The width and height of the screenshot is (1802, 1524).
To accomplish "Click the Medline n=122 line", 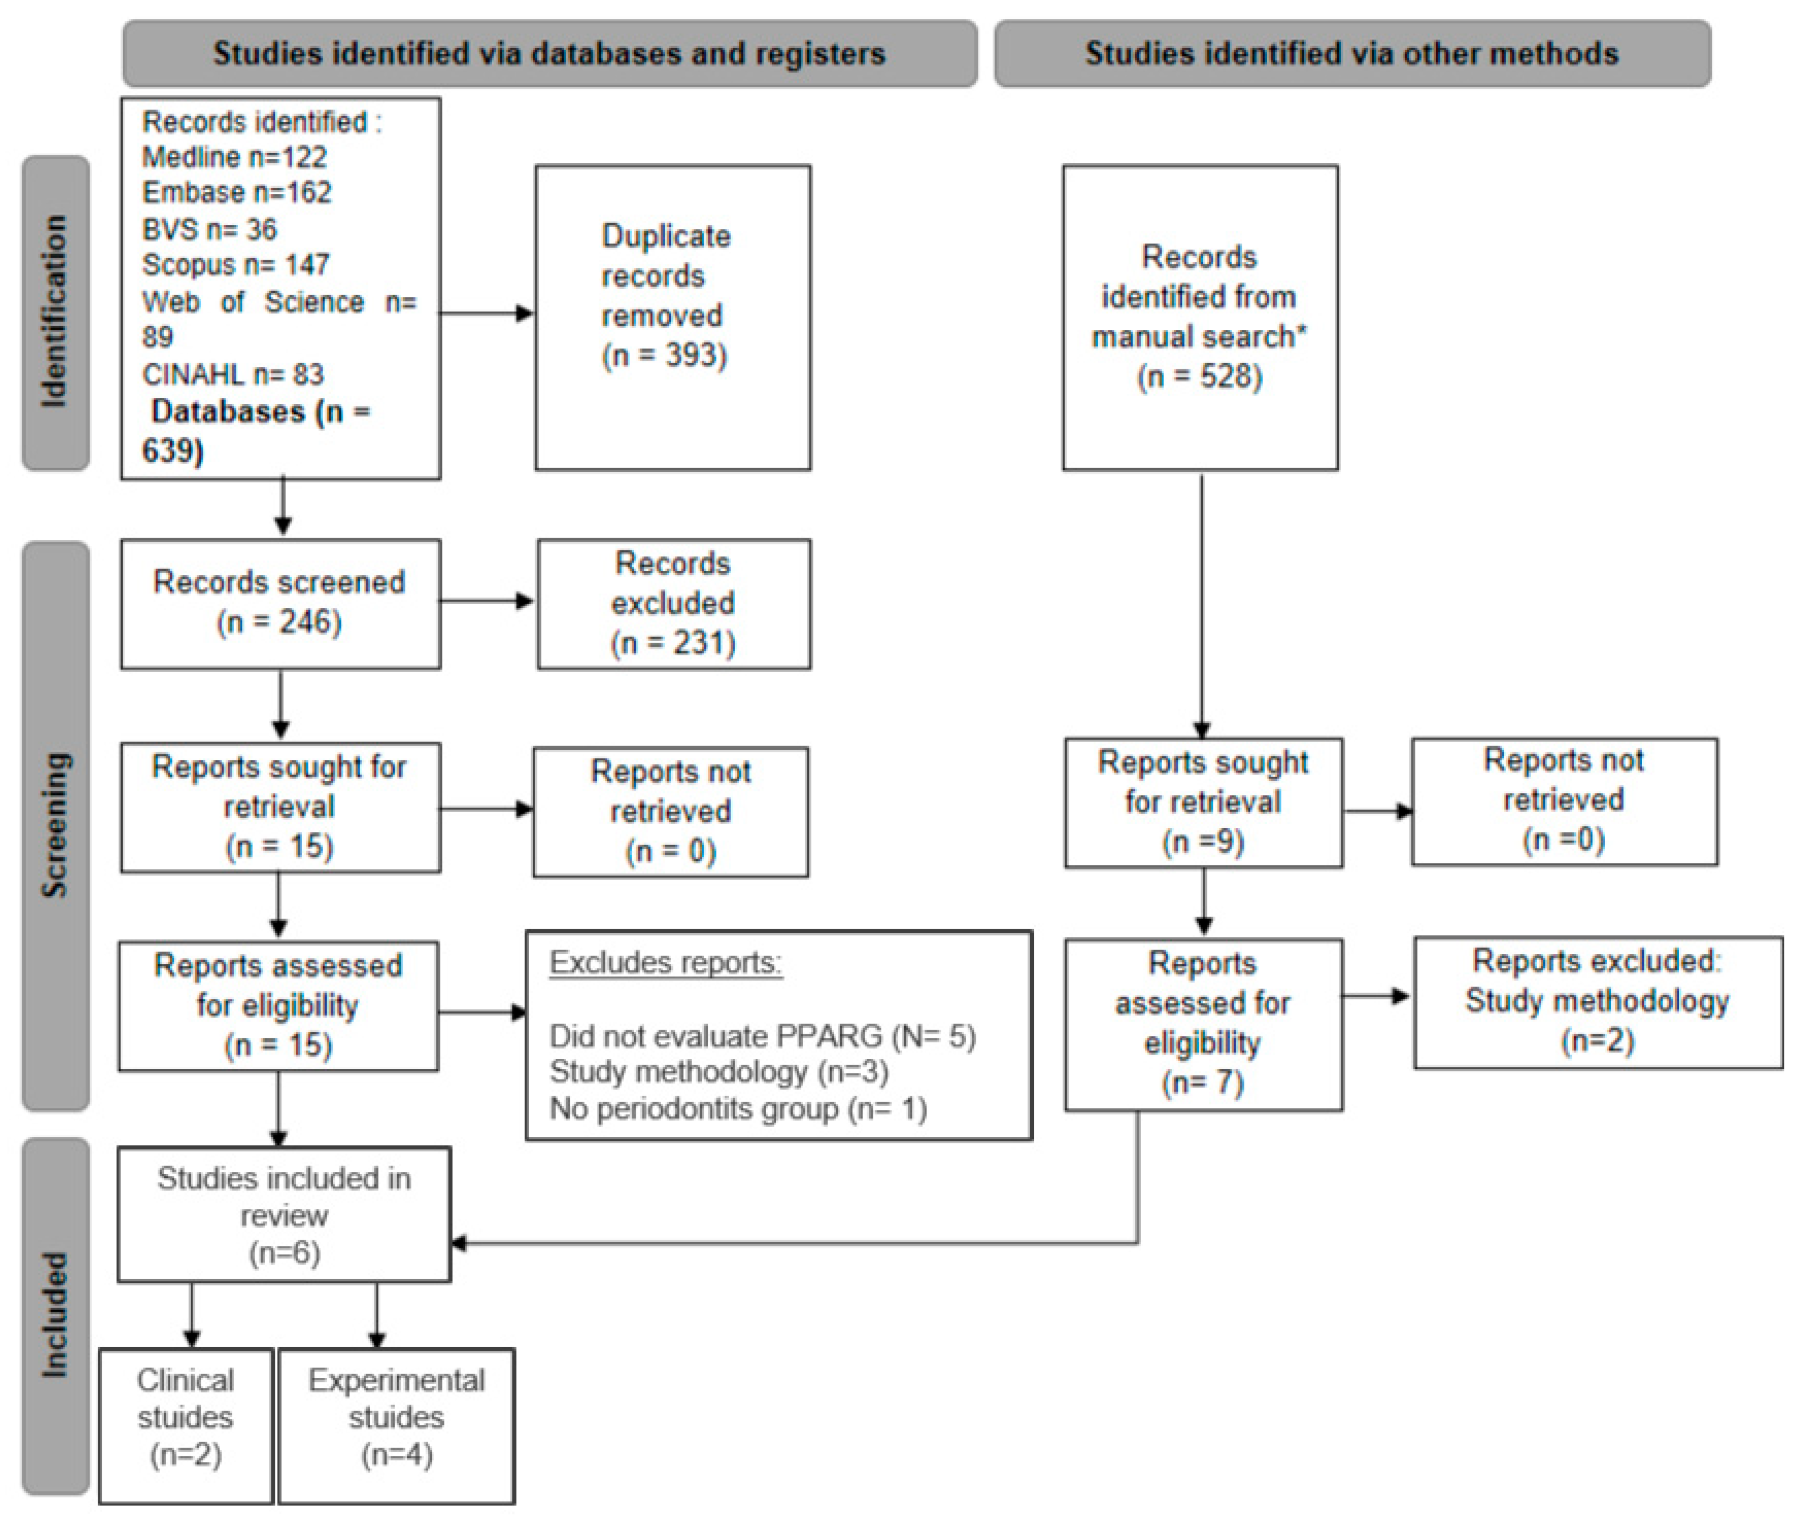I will click(x=234, y=157).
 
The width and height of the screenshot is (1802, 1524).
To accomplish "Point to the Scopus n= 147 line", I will click(x=235, y=264).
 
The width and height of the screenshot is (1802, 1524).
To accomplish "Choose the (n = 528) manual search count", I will click(x=1199, y=377).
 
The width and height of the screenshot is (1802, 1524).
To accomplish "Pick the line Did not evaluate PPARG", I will click(x=762, y=1036).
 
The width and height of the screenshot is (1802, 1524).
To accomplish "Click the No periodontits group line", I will click(x=738, y=1108).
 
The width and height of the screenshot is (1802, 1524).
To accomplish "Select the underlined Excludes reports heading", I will click(x=665, y=962).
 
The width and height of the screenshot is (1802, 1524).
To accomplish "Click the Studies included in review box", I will click(x=284, y=1215).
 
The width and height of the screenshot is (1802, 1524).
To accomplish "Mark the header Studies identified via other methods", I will click(x=1352, y=54).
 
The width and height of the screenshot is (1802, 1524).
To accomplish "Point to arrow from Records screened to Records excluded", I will click(x=488, y=601).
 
